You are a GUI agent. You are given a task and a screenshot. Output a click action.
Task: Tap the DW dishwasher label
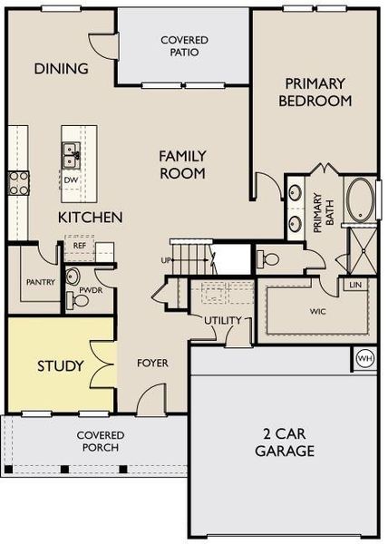(x=70, y=180)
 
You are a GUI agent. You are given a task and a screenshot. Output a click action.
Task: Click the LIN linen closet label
(x=356, y=285)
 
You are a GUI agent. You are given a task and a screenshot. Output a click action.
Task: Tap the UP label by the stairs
(x=166, y=259)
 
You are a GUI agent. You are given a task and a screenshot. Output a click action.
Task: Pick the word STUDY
(x=60, y=366)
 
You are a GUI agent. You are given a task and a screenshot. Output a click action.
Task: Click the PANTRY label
(x=40, y=282)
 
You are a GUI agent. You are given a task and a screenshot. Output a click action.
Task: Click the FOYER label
(x=152, y=364)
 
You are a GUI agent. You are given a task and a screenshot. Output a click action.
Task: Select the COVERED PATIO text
(x=184, y=46)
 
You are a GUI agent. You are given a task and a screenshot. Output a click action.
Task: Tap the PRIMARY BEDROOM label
(x=314, y=92)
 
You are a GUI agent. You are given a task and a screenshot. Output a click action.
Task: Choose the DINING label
(x=61, y=69)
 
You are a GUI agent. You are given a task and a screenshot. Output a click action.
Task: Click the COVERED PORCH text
(x=100, y=441)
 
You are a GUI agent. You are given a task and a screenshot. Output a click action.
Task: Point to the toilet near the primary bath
(x=269, y=258)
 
